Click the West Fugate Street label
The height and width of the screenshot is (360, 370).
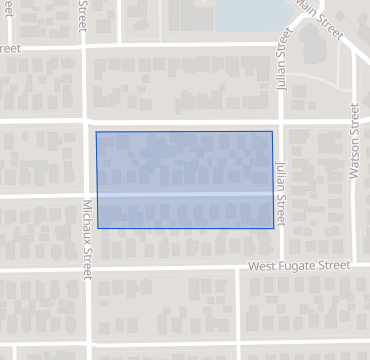click(x=300, y=266)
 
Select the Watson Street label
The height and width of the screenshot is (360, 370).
click(x=353, y=140)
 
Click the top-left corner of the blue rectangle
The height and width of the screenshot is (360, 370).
click(x=96, y=131)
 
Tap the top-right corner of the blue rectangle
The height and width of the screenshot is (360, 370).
click(x=273, y=131)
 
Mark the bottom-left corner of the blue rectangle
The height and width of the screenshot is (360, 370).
click(x=96, y=228)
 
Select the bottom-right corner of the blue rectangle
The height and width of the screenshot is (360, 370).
click(x=273, y=228)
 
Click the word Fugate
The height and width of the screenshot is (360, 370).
click(x=298, y=266)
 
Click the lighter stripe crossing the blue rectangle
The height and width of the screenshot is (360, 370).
click(x=184, y=194)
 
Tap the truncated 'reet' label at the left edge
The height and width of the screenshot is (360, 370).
click(x=10, y=47)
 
